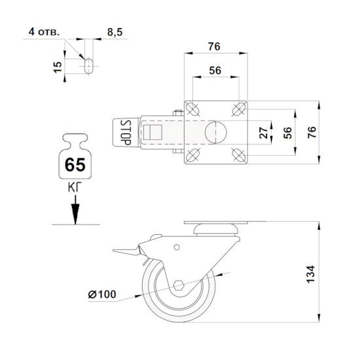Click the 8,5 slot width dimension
[x=115, y=32]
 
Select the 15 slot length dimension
[x=58, y=67]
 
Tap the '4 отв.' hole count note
[x=44, y=31]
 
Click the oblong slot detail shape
[x=89, y=66]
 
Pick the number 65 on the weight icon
[x=75, y=164]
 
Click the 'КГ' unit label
[x=75, y=188]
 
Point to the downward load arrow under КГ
[x=75, y=209]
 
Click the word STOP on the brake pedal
[x=126, y=132]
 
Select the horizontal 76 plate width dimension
[x=214, y=46]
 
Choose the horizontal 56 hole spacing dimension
[x=215, y=71]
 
